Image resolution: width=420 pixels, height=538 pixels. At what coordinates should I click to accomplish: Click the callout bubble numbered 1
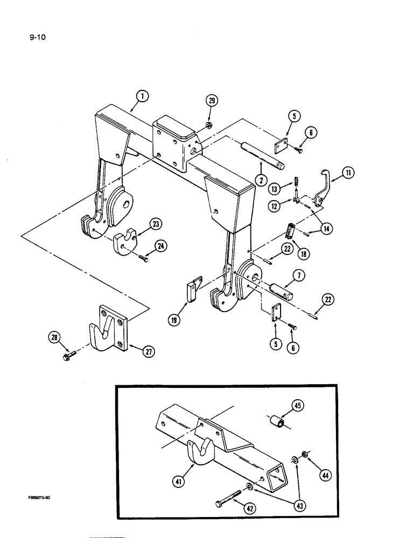pyautogui.click(x=142, y=97)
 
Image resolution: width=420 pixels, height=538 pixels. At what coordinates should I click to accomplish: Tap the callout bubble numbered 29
pyautogui.click(x=212, y=101)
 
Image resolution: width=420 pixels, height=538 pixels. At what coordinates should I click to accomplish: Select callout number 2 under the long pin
pyautogui.click(x=260, y=181)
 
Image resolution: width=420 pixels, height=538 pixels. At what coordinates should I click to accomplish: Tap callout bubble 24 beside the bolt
pyautogui.click(x=160, y=245)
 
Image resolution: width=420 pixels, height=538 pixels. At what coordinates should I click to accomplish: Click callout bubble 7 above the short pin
pyautogui.click(x=299, y=276)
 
